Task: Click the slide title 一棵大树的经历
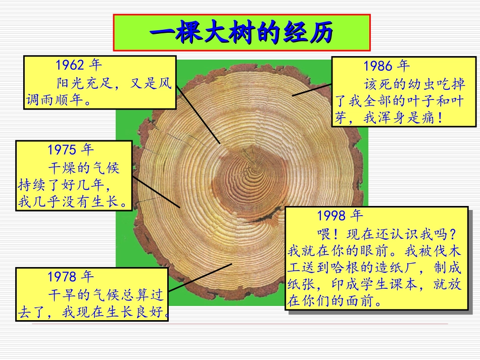click(242, 33)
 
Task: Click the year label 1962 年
click(79, 65)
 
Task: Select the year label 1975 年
click(71, 149)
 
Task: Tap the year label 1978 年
click(71, 277)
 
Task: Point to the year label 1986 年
click(387, 66)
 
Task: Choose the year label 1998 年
click(341, 216)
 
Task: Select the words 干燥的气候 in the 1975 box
click(83, 167)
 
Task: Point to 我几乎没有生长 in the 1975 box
click(69, 202)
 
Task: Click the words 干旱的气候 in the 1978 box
click(83, 294)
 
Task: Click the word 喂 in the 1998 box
click(324, 233)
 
